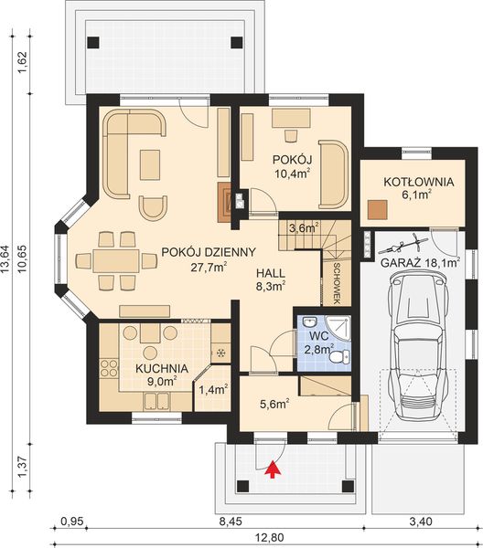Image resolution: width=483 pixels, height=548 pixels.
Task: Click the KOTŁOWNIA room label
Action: (x=404, y=180)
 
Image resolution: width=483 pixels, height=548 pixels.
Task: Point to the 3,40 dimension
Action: (x=418, y=523)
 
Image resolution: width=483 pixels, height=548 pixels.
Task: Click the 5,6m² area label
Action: (x=275, y=401)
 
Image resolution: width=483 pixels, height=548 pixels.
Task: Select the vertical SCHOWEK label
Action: (x=338, y=279)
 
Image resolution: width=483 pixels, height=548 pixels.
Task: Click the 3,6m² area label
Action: (x=303, y=228)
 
